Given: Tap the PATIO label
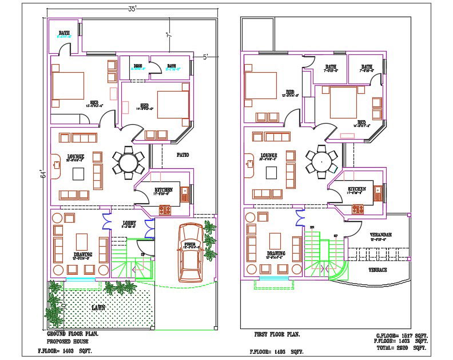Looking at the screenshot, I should click(182, 155).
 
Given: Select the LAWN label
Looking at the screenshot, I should click(98, 307).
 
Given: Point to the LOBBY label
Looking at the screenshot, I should click(129, 223).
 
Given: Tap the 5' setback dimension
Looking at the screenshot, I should click(206, 57).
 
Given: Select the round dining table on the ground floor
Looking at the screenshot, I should click(128, 161).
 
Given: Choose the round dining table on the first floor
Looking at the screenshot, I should click(321, 161).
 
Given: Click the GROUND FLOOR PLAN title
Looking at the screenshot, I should click(71, 334).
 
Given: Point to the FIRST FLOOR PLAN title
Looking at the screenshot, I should click(277, 334).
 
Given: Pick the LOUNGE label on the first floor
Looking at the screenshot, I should click(269, 155).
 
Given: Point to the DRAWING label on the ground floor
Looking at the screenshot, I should click(83, 254).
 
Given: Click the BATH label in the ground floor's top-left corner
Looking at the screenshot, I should click(65, 33).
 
